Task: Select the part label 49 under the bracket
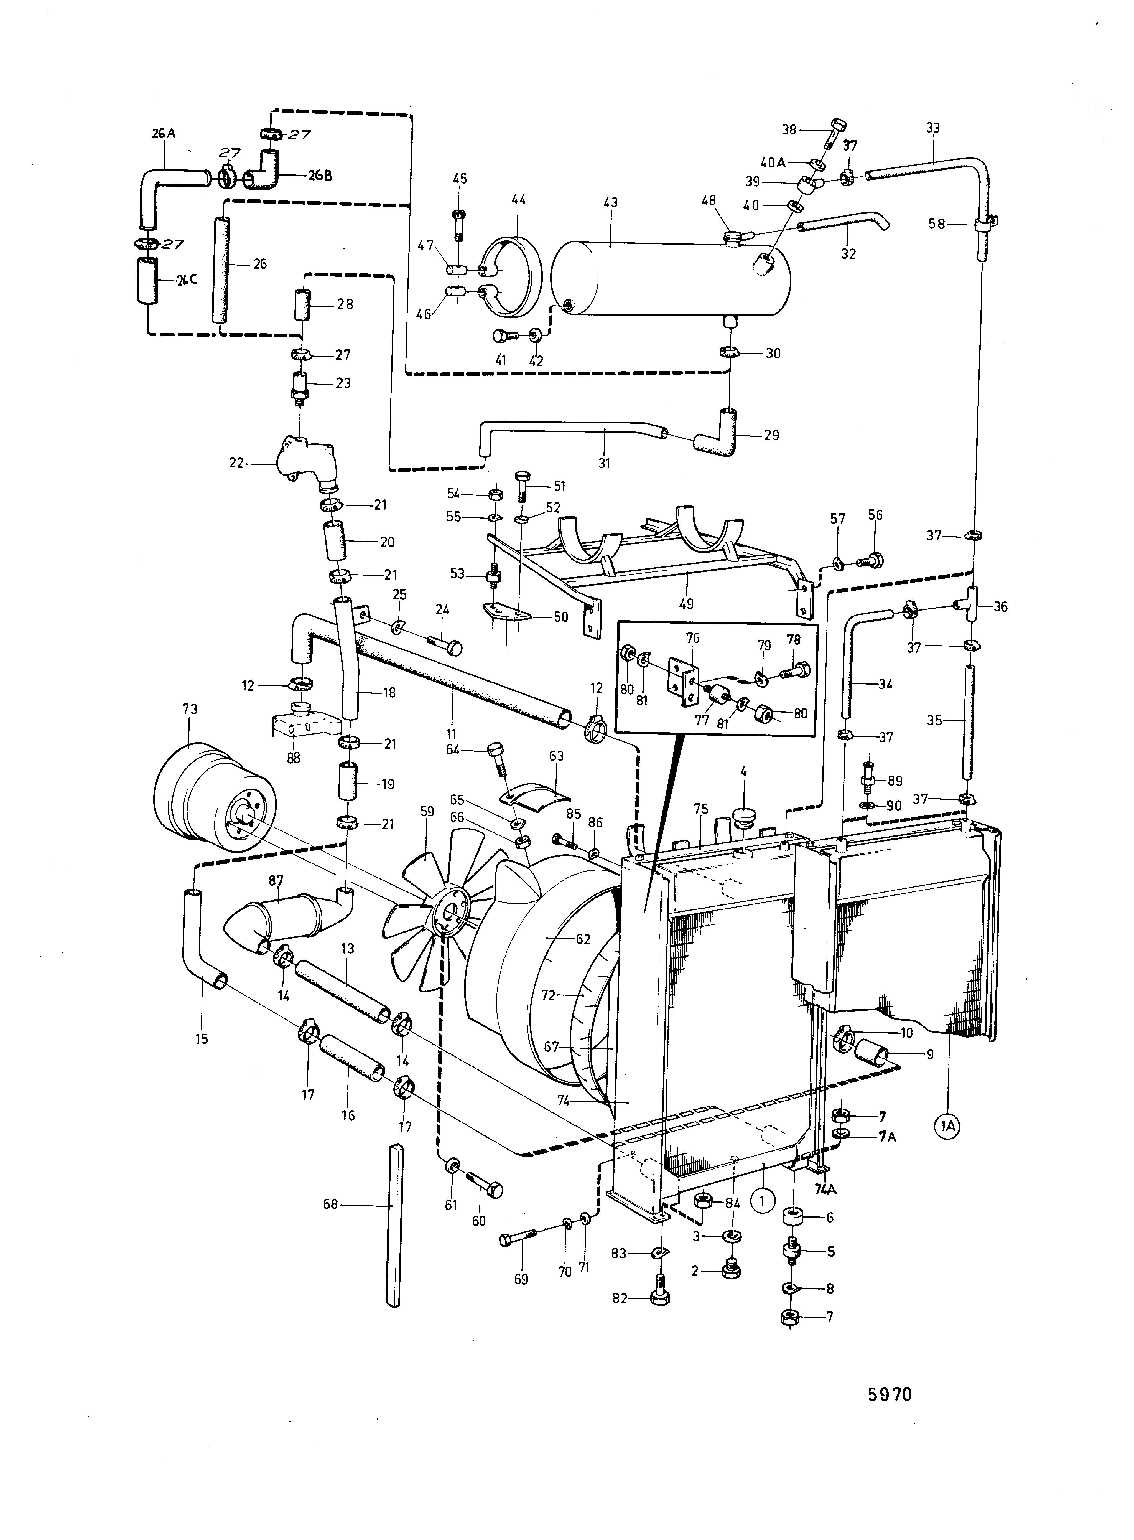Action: click(686, 604)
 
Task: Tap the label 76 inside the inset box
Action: click(693, 639)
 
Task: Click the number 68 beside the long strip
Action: click(331, 1204)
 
